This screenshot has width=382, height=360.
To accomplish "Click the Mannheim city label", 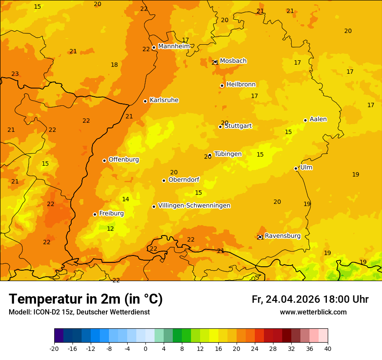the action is [174, 46].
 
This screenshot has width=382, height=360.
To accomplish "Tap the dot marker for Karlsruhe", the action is [145, 101].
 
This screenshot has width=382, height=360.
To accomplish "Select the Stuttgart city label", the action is [238, 126].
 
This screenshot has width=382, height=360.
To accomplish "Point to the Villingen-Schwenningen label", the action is [194, 206].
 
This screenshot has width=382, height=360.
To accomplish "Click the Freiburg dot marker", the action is [95, 214].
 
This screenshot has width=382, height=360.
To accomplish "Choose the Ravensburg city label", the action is [283, 236].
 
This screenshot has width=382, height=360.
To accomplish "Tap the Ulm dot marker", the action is [296, 168].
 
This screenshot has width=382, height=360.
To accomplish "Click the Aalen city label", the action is [318, 119].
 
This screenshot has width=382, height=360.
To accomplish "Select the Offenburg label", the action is [124, 160].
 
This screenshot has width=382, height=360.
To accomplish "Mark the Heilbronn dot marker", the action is [222, 85].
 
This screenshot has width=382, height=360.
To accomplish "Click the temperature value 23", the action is [15, 74].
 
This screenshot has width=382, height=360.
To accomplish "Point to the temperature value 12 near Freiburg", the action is [110, 229].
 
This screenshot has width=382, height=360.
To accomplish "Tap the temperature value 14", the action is [125, 200].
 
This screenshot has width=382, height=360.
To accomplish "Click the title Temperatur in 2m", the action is [86, 299].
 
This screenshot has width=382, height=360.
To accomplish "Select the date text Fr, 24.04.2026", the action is [286, 299].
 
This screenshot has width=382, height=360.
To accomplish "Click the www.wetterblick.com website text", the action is [313, 312].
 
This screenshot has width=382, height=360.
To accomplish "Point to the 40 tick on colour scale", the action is [328, 348].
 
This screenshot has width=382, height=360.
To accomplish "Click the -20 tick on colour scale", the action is [54, 348].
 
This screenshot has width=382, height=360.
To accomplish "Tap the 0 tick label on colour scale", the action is [145, 348].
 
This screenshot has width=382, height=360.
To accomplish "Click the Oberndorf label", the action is [184, 180].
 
